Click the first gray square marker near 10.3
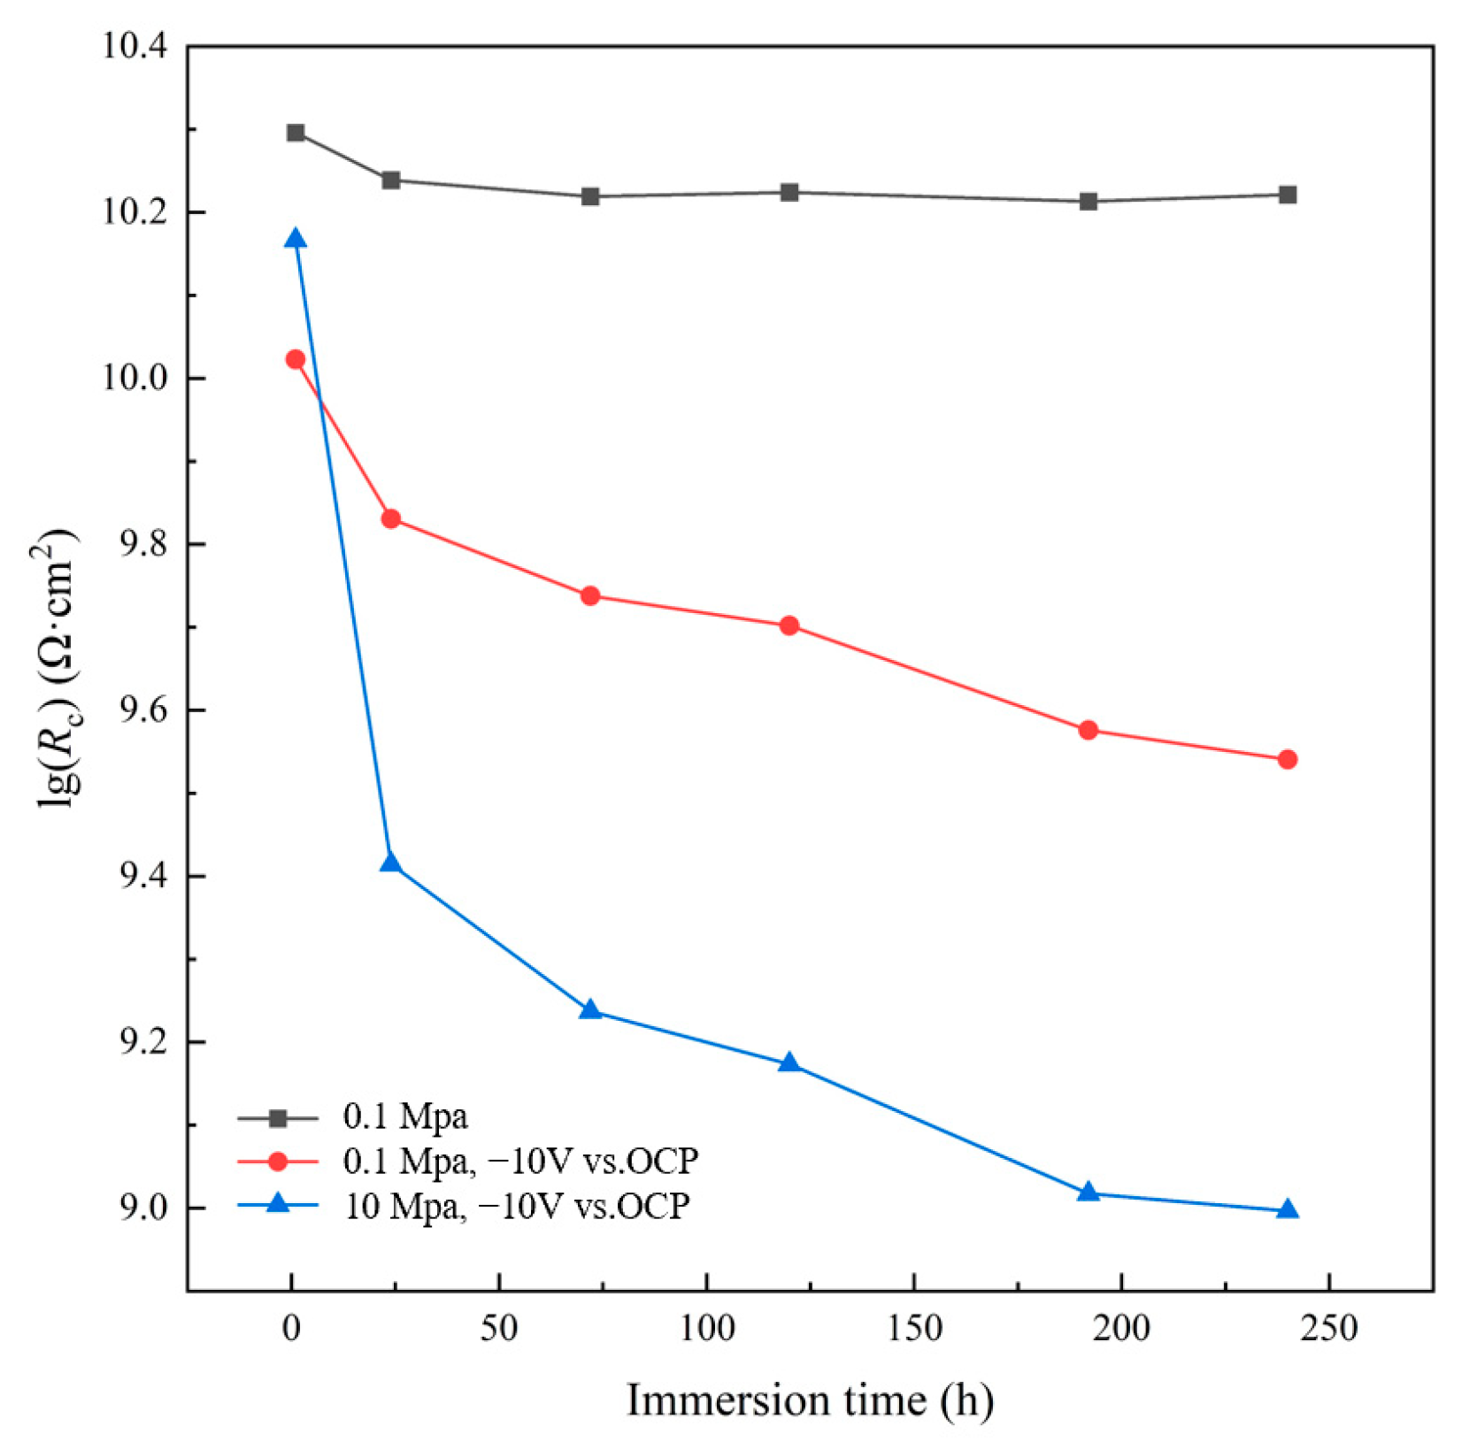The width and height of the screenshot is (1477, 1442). tap(296, 133)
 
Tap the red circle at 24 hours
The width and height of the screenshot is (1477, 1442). tap(391, 518)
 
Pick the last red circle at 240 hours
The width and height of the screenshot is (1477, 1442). tap(1288, 759)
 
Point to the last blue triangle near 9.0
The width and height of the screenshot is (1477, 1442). tap(1288, 1209)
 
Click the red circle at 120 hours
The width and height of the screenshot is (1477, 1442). tap(789, 625)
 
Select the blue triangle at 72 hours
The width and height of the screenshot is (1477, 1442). tap(590, 1010)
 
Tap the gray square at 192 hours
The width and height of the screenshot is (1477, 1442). tap(1089, 202)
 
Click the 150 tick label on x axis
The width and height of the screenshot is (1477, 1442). tap(914, 1329)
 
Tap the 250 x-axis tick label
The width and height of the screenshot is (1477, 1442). tap(1328, 1329)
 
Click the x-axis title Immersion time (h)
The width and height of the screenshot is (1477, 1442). tap(810, 1400)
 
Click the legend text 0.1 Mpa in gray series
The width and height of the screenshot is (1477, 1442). tap(405, 1116)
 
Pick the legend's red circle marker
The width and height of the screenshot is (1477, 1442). tap(278, 1161)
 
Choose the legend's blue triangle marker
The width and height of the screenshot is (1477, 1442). tap(278, 1204)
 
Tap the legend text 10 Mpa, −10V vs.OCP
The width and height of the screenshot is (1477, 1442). tap(517, 1205)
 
